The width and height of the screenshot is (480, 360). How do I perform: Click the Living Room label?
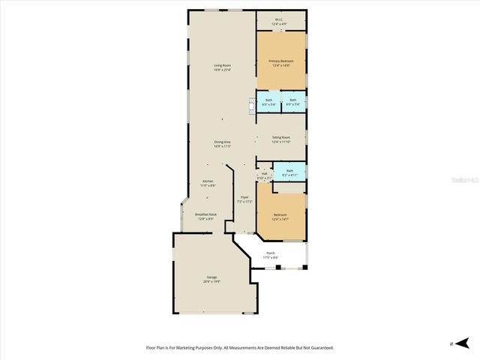(221, 66)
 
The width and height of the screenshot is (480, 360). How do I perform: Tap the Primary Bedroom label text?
(281, 61)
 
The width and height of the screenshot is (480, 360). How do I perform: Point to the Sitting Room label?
(281, 138)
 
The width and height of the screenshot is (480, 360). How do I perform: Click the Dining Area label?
(221, 142)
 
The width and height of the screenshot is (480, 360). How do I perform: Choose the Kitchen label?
(208, 181)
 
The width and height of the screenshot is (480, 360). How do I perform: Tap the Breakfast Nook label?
(206, 214)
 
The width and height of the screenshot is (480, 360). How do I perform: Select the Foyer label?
(244, 197)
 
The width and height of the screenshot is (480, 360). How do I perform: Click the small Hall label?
(264, 174)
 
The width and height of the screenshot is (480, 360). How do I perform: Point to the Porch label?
(271, 253)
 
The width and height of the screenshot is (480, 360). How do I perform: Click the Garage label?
(212, 277)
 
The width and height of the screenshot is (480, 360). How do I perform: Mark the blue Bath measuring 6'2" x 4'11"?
(289, 172)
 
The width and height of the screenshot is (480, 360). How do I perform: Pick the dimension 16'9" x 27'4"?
(221, 70)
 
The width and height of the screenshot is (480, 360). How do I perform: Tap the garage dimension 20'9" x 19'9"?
(212, 282)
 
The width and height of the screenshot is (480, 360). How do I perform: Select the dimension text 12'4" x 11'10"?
(281, 142)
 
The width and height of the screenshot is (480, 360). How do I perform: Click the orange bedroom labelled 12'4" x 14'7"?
(281, 217)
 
